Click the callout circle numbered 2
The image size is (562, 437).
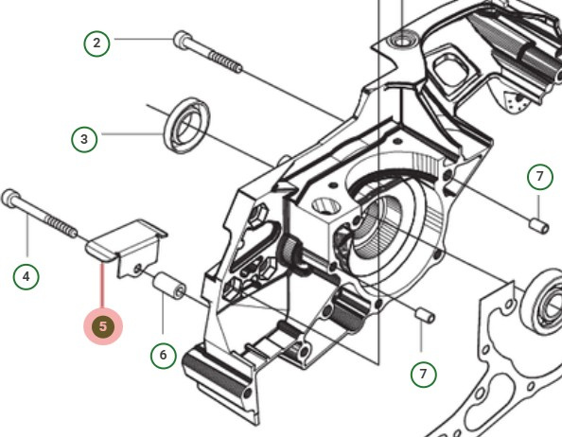point(96,43)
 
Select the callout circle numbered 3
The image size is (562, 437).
point(85,139)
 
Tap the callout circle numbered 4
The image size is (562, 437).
point(26,277)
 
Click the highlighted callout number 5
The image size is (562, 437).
point(102,326)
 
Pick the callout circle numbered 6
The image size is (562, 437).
point(163,355)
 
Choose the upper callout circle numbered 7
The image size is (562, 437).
point(538,177)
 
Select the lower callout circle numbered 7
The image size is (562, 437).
point(423,372)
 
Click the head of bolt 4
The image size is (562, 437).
point(13,199)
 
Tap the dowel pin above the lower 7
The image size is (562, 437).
point(426,315)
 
